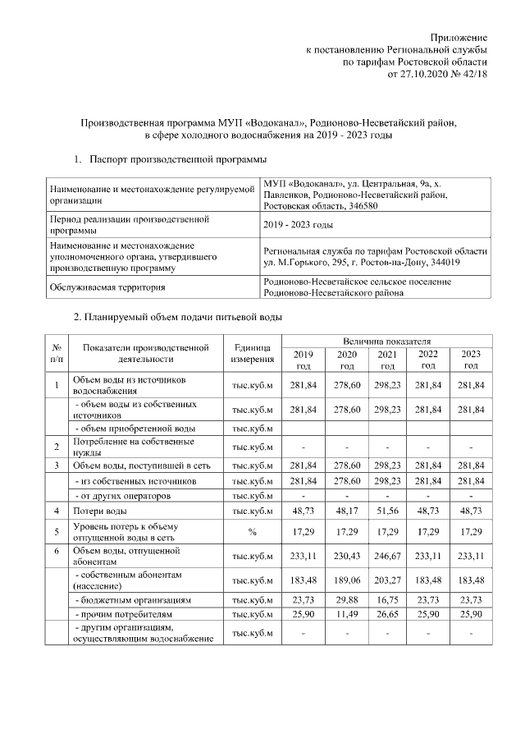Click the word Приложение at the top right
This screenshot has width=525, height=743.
pos(460,38)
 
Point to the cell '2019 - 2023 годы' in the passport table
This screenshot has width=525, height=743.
pos(298,226)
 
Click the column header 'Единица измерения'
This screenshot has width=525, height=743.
pos(253,353)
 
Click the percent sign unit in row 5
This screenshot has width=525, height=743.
pos(253,532)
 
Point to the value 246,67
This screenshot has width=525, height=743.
pos(388,555)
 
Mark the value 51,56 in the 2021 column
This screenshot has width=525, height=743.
pos(388,511)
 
